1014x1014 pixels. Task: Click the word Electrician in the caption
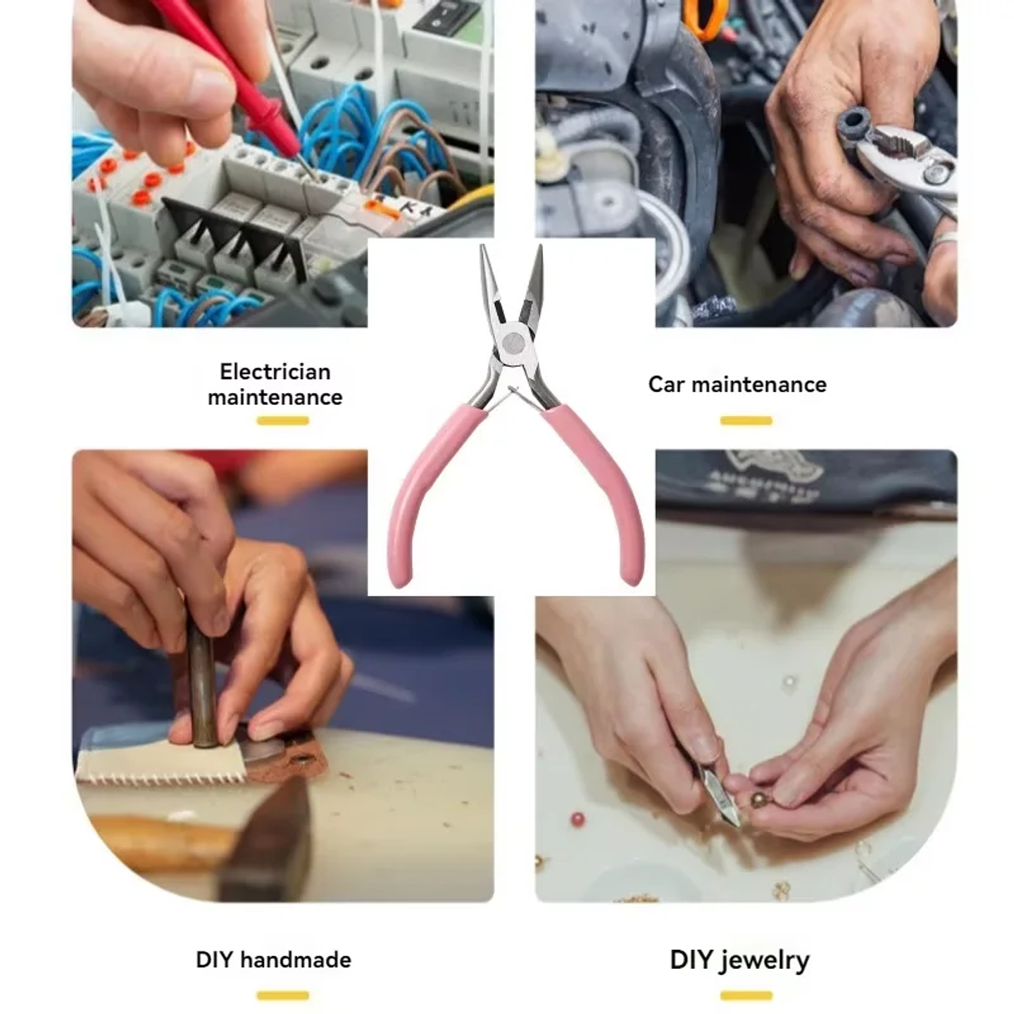tap(275, 371)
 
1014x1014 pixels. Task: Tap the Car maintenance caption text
tap(737, 384)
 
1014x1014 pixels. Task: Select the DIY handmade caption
tap(273, 960)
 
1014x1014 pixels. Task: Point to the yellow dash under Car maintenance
tap(746, 421)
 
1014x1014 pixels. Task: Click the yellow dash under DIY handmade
tap(282, 996)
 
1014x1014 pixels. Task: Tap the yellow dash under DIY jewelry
tap(746, 996)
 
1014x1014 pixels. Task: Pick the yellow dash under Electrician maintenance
tap(282, 421)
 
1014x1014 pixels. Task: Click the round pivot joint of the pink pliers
tap(513, 343)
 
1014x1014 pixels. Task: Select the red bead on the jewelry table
tap(577, 820)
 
